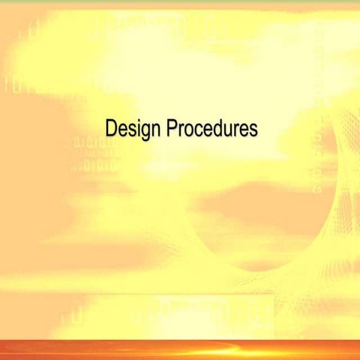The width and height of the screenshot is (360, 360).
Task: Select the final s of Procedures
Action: pos(253,130)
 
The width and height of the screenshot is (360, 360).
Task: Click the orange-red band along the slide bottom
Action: pos(180,349)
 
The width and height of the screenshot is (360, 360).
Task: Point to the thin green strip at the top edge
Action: pos(180,1)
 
